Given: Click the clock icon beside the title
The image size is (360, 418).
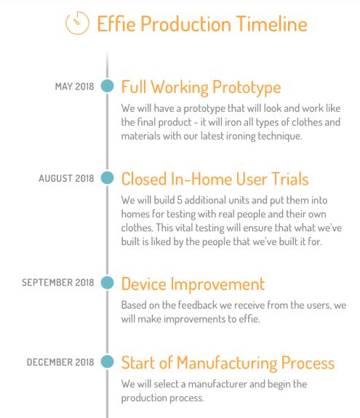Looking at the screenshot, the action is [77, 23].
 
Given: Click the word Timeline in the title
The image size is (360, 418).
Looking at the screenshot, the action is [272, 24].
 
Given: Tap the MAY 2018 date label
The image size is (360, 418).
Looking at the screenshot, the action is [74, 87].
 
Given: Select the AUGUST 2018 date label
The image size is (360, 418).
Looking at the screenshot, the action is [66, 178].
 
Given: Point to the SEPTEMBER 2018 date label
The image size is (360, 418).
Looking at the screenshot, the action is [58, 282].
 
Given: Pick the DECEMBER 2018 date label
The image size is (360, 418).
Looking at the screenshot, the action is [60, 362].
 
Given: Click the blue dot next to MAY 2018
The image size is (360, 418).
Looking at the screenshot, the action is [107, 86].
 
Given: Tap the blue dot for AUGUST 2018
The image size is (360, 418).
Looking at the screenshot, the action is [107, 178].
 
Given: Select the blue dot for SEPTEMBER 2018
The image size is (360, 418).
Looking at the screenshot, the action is [107, 283].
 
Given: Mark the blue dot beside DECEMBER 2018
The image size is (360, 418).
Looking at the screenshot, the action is [107, 362].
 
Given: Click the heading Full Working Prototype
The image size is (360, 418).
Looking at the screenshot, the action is [201, 87].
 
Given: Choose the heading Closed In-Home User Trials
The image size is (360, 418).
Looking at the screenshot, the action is [215, 179].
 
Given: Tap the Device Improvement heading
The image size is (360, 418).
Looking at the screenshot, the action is [193, 284].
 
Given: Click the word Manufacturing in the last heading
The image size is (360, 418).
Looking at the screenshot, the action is [227, 363].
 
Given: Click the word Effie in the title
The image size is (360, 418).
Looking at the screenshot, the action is [116, 24].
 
